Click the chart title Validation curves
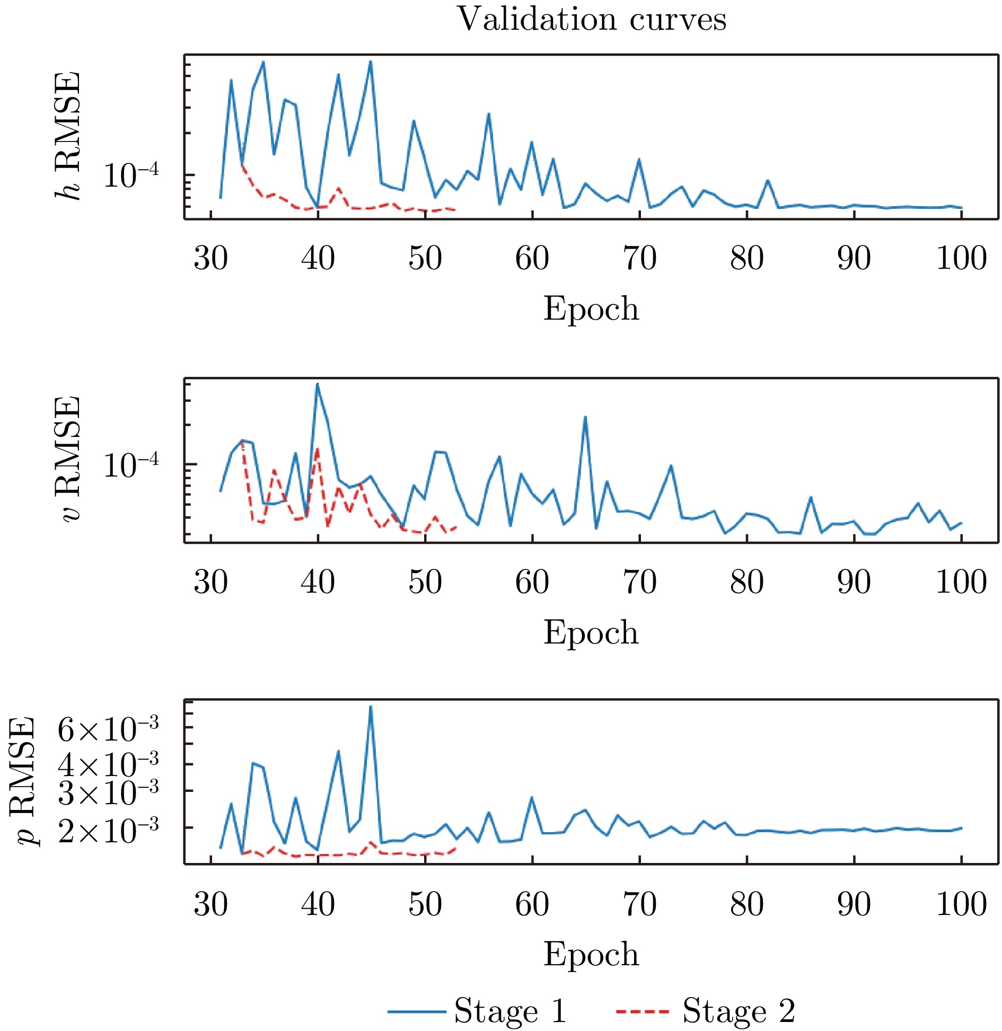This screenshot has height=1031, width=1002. pyautogui.click(x=591, y=20)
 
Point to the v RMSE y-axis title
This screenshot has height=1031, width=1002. pyautogui.click(x=68, y=459)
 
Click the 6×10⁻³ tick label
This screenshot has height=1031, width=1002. pyautogui.click(x=108, y=730)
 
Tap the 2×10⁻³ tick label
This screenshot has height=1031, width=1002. pyautogui.click(x=108, y=831)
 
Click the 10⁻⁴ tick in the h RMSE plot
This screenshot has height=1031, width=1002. pyautogui.click(x=130, y=175)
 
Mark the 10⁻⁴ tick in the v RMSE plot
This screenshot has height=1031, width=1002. pyautogui.click(x=130, y=465)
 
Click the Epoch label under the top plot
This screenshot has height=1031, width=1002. pyautogui.click(x=591, y=309)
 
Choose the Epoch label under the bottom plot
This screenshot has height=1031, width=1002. pyautogui.click(x=591, y=954)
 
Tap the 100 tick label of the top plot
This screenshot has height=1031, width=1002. pyautogui.click(x=961, y=259)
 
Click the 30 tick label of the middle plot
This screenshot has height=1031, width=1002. pyautogui.click(x=211, y=582)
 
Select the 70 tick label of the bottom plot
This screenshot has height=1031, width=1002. pyautogui.click(x=639, y=904)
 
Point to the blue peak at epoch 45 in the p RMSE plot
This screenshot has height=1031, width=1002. pyautogui.click(x=371, y=707)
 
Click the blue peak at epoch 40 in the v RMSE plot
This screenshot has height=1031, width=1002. pyautogui.click(x=317, y=384)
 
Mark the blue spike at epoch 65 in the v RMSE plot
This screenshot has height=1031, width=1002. pyautogui.click(x=585, y=417)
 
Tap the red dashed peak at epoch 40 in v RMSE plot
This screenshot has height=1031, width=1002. pyautogui.click(x=317, y=450)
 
